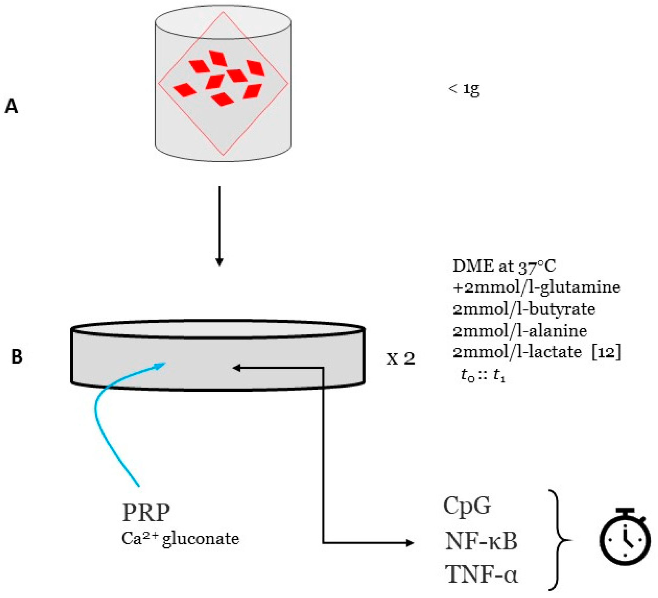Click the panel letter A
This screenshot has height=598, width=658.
(x=11, y=106)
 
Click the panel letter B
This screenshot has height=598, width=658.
(x=17, y=357)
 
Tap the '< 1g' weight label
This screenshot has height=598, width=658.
(x=464, y=89)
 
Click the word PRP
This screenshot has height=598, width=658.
(x=146, y=513)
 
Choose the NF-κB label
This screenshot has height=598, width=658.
(x=481, y=542)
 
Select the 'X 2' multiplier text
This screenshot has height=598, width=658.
(x=401, y=359)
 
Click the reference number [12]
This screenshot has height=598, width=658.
(x=606, y=352)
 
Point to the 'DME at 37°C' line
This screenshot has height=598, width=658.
(x=504, y=267)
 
